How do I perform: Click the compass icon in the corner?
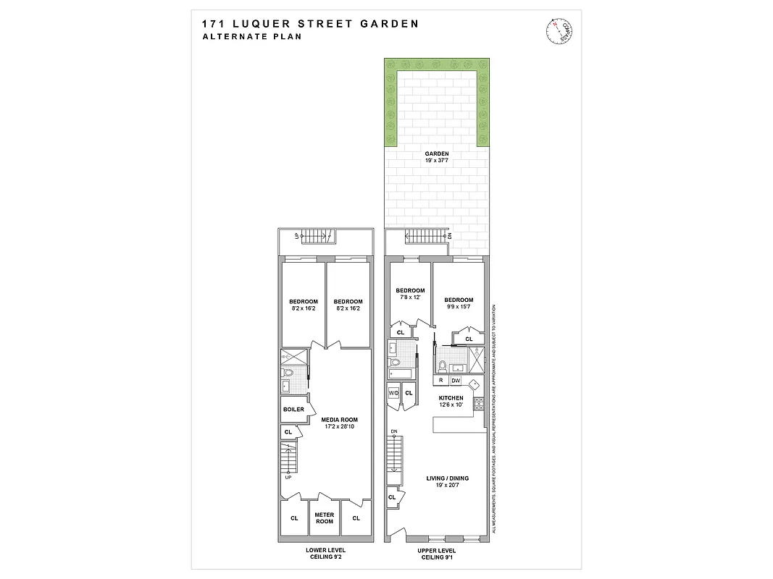click(556, 30)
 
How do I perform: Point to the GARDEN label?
click(436, 153)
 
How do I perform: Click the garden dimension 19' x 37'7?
click(436, 162)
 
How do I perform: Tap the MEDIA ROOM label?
click(340, 419)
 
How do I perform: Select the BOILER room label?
click(293, 409)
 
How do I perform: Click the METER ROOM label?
click(324, 518)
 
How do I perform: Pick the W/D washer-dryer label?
click(394, 393)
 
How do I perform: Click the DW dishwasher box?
click(456, 380)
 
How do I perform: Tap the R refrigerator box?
click(440, 380)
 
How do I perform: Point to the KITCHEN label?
click(451, 398)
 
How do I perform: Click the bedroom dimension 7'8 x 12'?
click(410, 297)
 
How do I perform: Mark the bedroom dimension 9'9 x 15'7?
click(459, 308)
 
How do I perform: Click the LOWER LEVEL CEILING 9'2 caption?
click(324, 554)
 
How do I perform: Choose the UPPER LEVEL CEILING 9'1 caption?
click(436, 554)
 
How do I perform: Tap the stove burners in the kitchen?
click(478, 403)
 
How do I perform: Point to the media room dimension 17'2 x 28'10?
click(340, 427)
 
